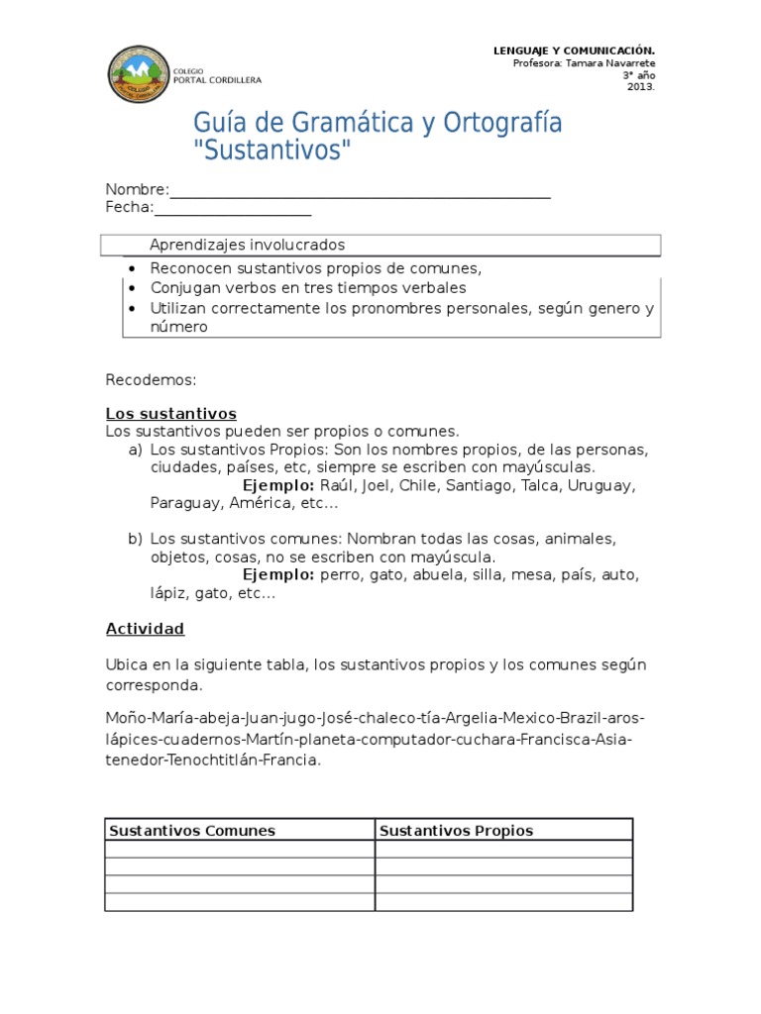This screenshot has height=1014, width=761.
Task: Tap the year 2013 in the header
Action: point(640,86)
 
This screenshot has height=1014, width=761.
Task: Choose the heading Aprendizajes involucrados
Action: point(247,245)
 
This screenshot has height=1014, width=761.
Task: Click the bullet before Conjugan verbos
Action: point(131,288)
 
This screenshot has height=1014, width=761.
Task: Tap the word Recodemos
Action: point(151,379)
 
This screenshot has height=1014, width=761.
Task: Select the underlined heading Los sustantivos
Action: point(170,414)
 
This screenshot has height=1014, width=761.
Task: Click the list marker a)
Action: point(135,450)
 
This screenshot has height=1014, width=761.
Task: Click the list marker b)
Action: point(135,539)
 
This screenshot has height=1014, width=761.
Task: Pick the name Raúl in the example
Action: point(338,485)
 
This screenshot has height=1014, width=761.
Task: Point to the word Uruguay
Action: point(604,485)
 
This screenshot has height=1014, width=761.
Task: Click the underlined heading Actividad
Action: point(145,629)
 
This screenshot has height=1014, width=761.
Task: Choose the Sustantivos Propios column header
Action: point(456,831)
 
